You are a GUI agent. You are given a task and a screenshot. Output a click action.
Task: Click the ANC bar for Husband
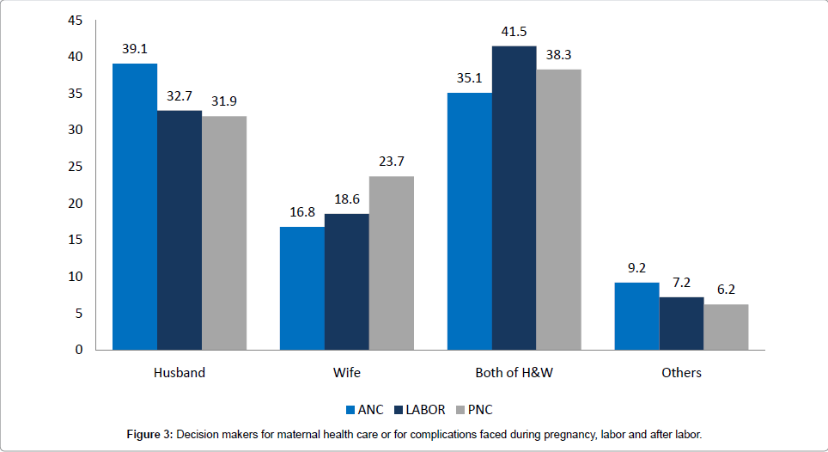coord(135,206)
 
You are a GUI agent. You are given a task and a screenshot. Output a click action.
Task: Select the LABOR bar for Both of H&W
coord(514,198)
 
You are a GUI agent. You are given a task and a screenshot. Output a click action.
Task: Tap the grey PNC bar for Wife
coord(392,263)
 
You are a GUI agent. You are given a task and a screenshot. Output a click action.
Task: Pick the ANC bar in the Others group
coord(637,316)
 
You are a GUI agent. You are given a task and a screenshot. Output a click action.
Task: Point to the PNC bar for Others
coord(726,327)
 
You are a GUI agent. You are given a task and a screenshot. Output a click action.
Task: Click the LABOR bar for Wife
coord(347,282)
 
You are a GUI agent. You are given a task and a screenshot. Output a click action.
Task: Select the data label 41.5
coord(514,33)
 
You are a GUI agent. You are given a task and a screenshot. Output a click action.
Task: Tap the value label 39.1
coord(135,50)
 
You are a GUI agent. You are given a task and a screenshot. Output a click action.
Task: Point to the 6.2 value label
coord(726,290)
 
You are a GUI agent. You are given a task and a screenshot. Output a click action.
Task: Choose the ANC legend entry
coord(364,410)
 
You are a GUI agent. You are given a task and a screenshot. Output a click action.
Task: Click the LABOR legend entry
coord(422,410)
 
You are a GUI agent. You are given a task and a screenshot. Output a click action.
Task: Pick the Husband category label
coord(180,373)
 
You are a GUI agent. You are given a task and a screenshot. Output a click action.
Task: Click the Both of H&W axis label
coord(514,373)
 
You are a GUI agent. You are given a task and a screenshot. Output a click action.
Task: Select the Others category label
coord(682,373)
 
